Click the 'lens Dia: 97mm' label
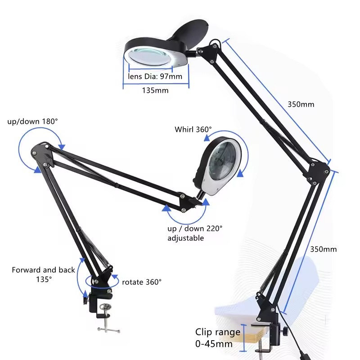pos(155,76)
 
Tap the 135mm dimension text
pos(155,90)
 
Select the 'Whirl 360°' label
pos(193,130)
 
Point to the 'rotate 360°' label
pos(142,282)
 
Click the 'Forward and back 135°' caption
pos(44,274)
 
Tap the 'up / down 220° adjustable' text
pos(195,233)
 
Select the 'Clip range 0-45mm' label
pos(217,338)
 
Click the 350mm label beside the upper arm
pos(301,104)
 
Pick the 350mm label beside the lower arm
pos(323,249)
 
